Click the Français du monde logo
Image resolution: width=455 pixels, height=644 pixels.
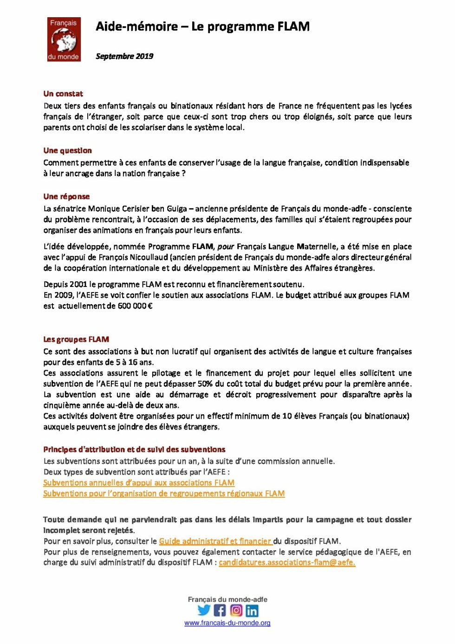tap(64, 39)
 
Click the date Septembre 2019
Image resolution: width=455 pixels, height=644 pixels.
tap(124, 56)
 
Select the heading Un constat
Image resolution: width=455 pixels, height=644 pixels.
tap(63, 94)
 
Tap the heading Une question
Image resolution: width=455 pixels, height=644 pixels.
tap(67, 150)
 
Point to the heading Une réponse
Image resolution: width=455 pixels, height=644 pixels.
tap(66, 196)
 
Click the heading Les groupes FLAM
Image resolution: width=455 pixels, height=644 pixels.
tap(76, 339)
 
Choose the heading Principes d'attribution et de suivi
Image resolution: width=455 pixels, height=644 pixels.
tap(134, 449)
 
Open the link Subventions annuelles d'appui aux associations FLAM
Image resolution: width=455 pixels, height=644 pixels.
tap(139, 483)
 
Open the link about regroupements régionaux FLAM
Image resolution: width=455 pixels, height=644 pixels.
tap(164, 494)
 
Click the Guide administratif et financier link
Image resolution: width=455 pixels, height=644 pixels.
tap(215, 541)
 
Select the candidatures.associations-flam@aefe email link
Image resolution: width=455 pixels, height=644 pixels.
tap(287, 563)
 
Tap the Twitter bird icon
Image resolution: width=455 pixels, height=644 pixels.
tap(204, 611)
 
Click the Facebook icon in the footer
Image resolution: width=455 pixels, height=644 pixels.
tap(220, 611)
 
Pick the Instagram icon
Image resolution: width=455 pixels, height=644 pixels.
tap(236, 611)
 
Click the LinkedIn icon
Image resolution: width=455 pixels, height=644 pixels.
tap(252, 611)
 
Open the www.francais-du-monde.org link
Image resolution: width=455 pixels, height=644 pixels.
tap(227, 623)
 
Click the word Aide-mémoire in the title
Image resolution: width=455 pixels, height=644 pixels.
tap(136, 26)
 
